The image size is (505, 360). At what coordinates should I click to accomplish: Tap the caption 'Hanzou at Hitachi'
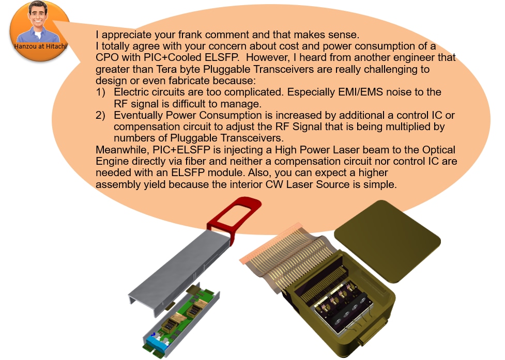point(41,46)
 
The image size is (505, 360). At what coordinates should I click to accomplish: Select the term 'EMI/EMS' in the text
point(360,92)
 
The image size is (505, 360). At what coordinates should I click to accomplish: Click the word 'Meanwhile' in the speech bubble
point(122,150)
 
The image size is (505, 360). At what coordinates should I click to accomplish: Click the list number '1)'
point(100,92)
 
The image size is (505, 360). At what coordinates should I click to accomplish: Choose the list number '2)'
point(100,116)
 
